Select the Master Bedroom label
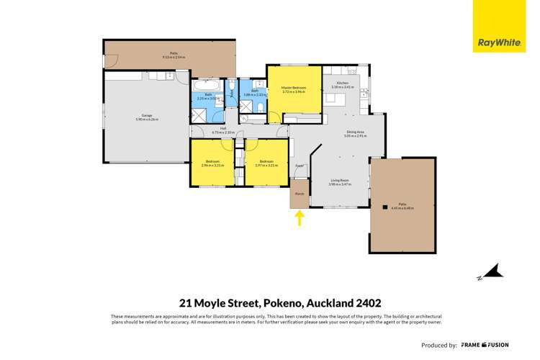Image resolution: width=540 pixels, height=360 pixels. point(294,90)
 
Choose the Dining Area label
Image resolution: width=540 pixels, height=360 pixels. point(352,132)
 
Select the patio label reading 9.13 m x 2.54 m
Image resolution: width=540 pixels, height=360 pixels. point(174,55)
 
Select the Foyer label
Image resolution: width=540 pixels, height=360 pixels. point(299,166)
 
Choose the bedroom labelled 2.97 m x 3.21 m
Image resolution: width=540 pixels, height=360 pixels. point(266,163)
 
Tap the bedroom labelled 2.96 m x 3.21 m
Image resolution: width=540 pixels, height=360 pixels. point(213,163)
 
